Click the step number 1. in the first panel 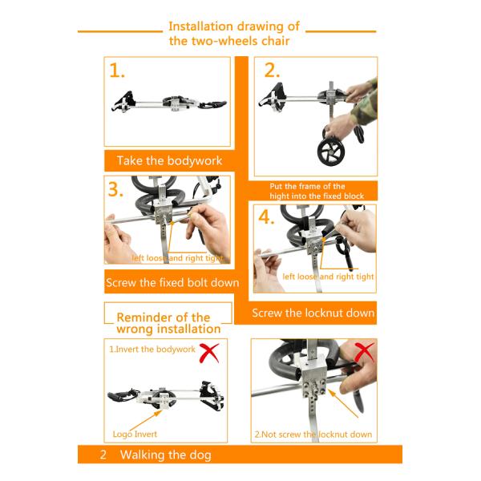[x=117, y=71]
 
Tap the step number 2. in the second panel [x=272, y=71]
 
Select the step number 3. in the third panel [x=115, y=189]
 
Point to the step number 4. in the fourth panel [x=266, y=217]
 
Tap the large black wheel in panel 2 [x=330, y=152]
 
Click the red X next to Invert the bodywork [x=209, y=353]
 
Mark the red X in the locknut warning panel [x=364, y=352]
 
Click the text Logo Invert [x=135, y=434]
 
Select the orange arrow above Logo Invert [x=146, y=420]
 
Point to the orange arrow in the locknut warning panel [x=342, y=403]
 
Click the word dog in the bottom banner [x=200, y=455]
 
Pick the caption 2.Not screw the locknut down [x=313, y=435]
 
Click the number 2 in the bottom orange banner [x=103, y=455]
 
